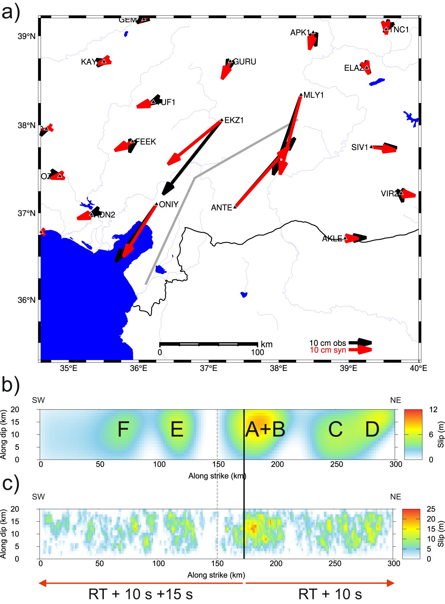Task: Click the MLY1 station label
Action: pos(314,95)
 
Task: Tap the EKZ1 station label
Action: pos(234,120)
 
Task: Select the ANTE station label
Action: pos(221,208)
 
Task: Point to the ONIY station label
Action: pos(169,204)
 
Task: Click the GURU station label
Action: pos(245,62)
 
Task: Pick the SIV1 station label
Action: pos(360,147)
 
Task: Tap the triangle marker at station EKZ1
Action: pos(222,120)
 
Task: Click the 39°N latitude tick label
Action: pos(26,36)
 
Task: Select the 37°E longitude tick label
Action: pos(209,368)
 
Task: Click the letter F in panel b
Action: pos(123,429)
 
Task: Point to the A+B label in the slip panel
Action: pos(265,429)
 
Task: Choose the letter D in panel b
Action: pos(372,429)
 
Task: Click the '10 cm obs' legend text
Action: pos(328,343)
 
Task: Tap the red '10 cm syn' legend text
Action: pos(328,350)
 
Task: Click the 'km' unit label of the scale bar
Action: pos(266,344)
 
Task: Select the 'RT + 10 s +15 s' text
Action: pos(141,594)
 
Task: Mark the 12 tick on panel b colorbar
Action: pos(433,409)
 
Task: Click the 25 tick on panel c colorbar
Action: pos(431,509)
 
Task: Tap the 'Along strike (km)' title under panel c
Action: pos(216,575)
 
